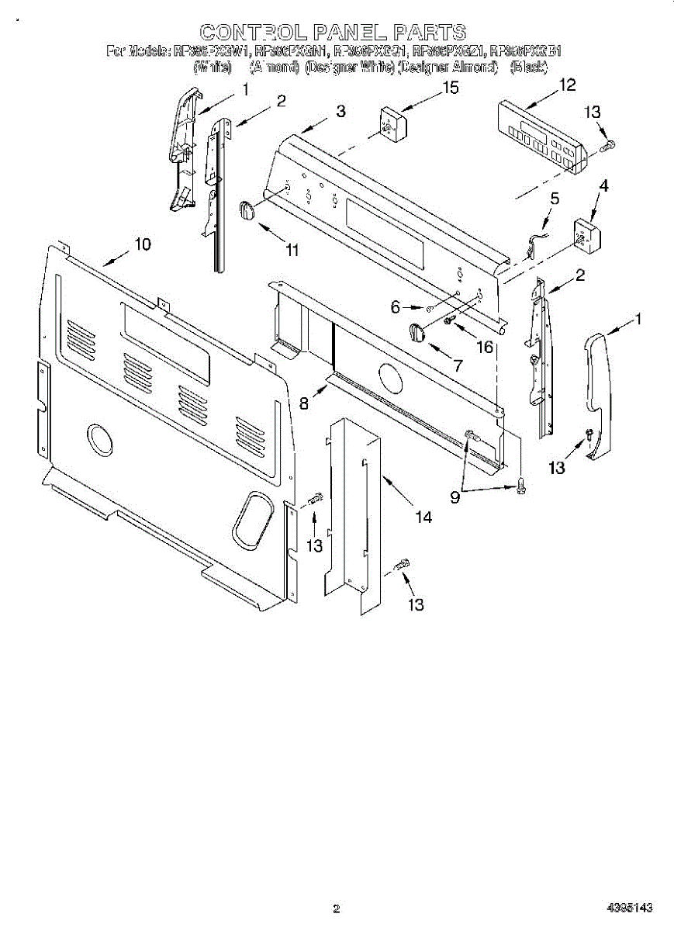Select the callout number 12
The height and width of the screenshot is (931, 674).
[x=568, y=85]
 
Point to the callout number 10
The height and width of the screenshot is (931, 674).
[x=142, y=244]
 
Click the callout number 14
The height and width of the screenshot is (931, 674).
[x=423, y=517]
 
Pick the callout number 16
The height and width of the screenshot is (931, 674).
[x=485, y=346]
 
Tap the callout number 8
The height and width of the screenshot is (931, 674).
[x=305, y=403]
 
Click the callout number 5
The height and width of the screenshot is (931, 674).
[x=555, y=198]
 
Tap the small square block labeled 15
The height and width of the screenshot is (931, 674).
[x=392, y=123]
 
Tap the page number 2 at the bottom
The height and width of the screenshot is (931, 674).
[x=336, y=909]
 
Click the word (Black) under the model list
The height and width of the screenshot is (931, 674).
[x=529, y=67]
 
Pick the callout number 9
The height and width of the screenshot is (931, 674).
[x=455, y=497]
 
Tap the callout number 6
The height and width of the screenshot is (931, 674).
[x=396, y=307]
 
